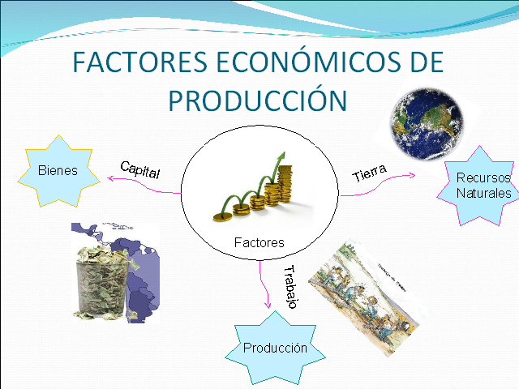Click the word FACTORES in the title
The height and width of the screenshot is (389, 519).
[140, 62]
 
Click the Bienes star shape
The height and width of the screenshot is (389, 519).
[58, 171]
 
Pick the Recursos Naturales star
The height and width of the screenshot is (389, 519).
[479, 186]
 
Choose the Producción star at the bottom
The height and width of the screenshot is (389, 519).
[275, 348]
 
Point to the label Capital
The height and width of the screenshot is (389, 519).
[140, 169]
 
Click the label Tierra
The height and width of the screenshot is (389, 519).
[369, 173]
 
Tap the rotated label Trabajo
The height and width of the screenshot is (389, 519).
[290, 287]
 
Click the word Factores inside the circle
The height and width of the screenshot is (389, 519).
[259, 243]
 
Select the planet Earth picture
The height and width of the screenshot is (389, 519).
[427, 124]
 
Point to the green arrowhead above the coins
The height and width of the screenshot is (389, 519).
[281, 156]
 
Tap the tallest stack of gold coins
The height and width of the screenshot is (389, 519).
[285, 185]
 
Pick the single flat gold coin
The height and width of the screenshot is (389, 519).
[222, 217]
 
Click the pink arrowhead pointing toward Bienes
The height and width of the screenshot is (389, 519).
[110, 178]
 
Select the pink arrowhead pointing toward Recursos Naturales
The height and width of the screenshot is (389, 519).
[412, 175]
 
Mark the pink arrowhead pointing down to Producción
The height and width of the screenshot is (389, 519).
[268, 305]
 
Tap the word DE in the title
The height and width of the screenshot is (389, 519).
[427, 62]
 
